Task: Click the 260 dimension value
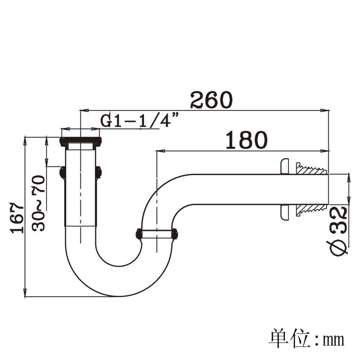211,100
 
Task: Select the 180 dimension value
247,140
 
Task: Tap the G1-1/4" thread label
139,120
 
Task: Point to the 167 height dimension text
17,218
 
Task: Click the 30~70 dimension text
39,203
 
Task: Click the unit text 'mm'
333,340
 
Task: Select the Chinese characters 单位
290,338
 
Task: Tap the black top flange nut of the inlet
81,141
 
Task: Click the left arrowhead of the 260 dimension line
84,111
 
